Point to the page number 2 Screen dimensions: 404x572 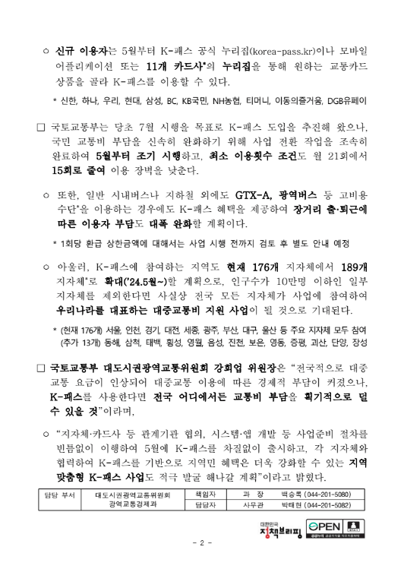click(x=201, y=563)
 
